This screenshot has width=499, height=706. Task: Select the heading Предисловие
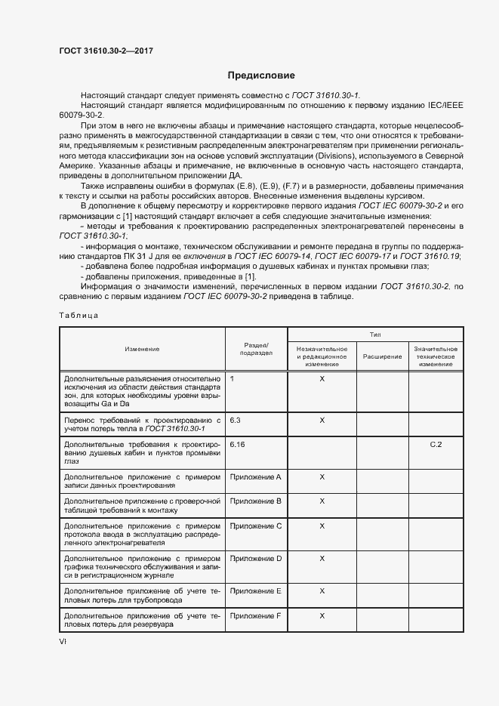point(261,76)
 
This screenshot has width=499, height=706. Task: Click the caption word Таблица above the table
point(78,316)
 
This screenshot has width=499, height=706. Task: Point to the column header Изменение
point(142,349)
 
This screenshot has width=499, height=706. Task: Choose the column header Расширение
point(382,356)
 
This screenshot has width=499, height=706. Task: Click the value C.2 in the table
point(436,444)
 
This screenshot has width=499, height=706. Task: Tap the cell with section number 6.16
point(238,444)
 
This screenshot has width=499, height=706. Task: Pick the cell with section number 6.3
point(235,419)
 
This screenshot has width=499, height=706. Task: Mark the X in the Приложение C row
point(322,526)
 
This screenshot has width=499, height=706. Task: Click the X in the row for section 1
point(322,378)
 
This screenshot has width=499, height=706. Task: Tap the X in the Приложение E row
point(322,590)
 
